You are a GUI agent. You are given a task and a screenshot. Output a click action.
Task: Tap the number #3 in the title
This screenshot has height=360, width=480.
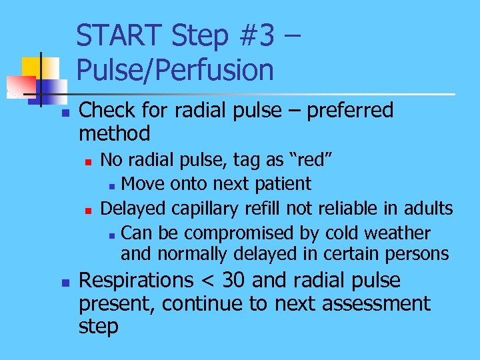tap(255, 36)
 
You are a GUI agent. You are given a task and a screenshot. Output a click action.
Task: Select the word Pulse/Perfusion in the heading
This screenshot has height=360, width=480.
tap(175, 69)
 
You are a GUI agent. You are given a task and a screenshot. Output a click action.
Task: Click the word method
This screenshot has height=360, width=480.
tap(114, 133)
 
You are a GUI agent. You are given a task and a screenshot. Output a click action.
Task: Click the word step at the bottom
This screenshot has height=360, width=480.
tap(98, 327)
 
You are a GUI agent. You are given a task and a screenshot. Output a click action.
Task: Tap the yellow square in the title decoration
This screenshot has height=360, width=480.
tap(31, 66)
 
